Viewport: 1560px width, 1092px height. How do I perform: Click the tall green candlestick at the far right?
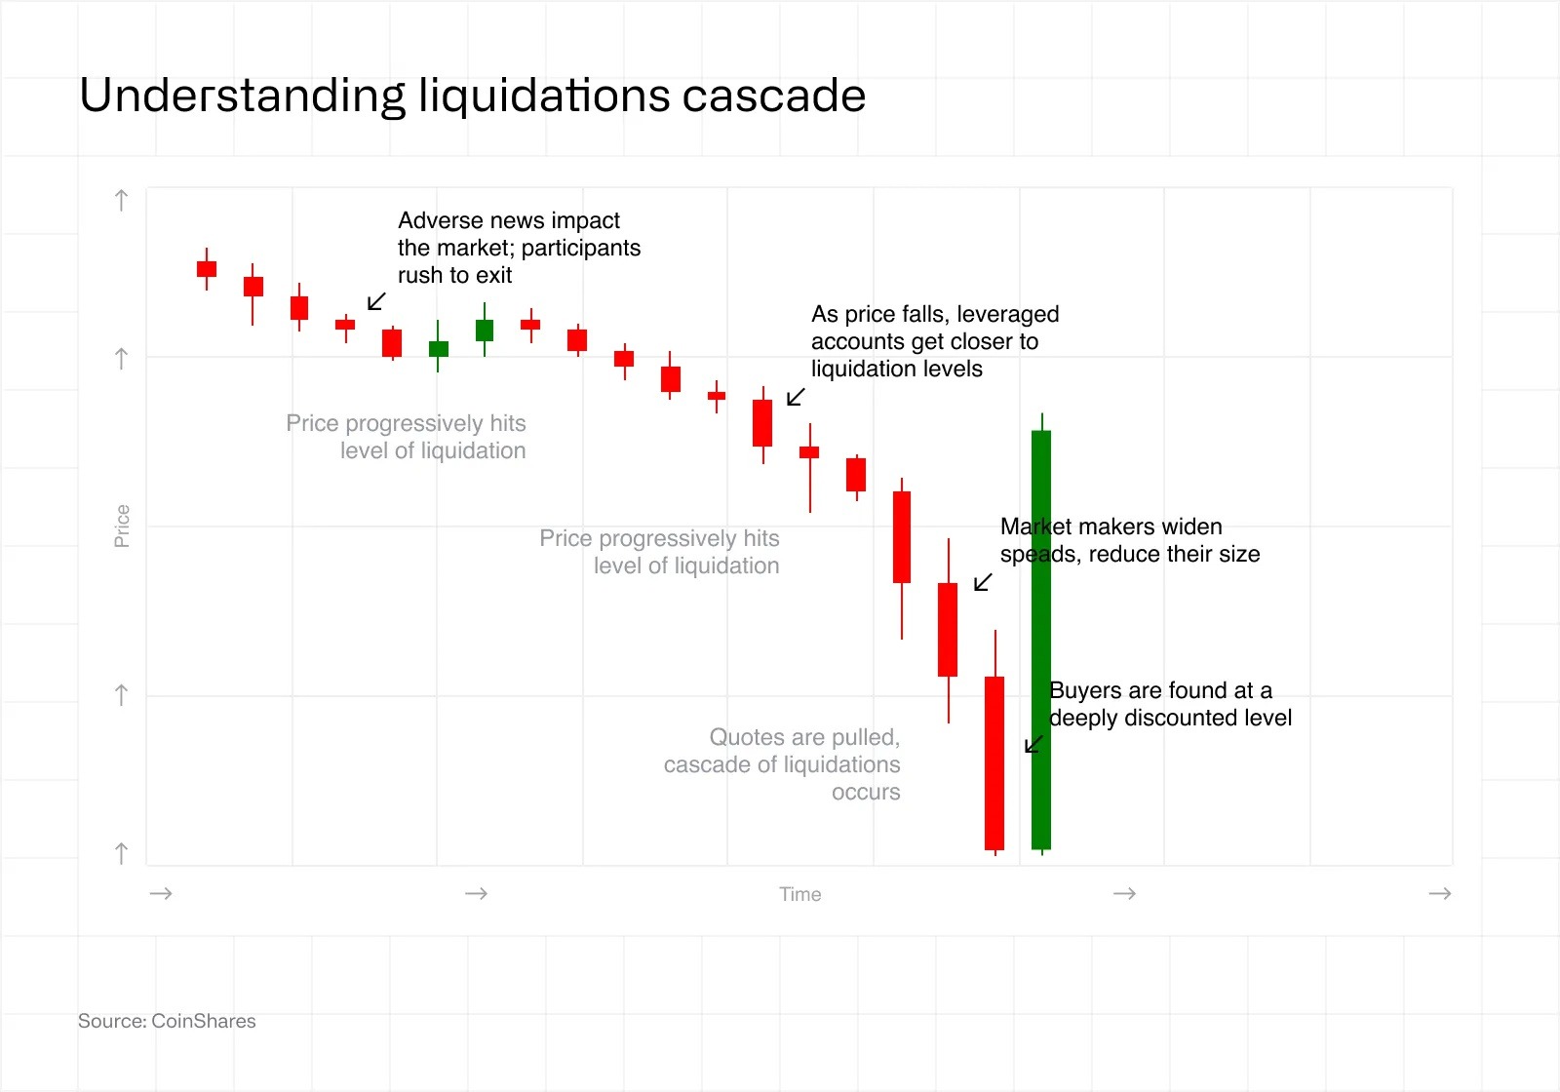coord(1041,639)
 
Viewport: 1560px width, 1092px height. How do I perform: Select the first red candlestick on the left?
coord(207,269)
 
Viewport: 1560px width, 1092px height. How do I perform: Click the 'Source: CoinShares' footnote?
coord(167,1021)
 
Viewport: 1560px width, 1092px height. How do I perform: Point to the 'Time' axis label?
coord(799,894)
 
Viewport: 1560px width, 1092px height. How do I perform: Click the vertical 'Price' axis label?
coord(122,526)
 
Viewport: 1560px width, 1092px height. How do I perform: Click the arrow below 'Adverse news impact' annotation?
coord(376,301)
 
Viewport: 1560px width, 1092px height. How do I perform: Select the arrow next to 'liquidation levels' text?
coord(796,397)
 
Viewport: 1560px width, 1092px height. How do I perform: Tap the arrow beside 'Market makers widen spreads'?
coord(983,582)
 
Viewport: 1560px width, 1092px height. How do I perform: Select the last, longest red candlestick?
coord(994,762)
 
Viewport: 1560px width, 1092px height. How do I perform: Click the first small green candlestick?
coord(439,348)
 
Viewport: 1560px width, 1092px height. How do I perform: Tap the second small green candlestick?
coord(485,331)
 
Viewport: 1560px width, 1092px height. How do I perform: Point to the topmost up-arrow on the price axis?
coord(121,201)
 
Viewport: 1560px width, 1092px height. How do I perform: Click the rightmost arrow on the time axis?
coord(1439,893)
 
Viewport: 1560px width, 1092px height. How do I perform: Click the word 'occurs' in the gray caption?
coord(866,792)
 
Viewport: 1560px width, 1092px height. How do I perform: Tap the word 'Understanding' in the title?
coord(242,96)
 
